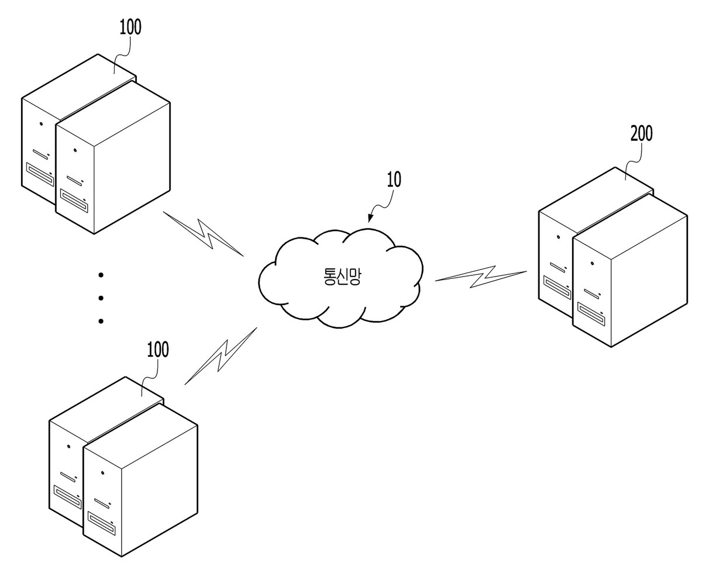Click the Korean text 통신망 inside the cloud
342,277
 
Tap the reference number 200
641,133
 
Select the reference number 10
394,180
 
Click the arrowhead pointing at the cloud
370,218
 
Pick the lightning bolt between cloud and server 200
480,276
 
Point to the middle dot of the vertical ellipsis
101,298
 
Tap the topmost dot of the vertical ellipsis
101,275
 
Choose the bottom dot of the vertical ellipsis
101,321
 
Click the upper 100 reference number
130,27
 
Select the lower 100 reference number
158,350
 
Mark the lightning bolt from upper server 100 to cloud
203,234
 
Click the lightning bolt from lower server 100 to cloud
221,355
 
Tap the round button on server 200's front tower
592,264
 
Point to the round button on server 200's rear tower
558,237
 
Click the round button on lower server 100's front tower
103,473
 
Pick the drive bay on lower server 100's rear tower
67,496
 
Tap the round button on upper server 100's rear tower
42,124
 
